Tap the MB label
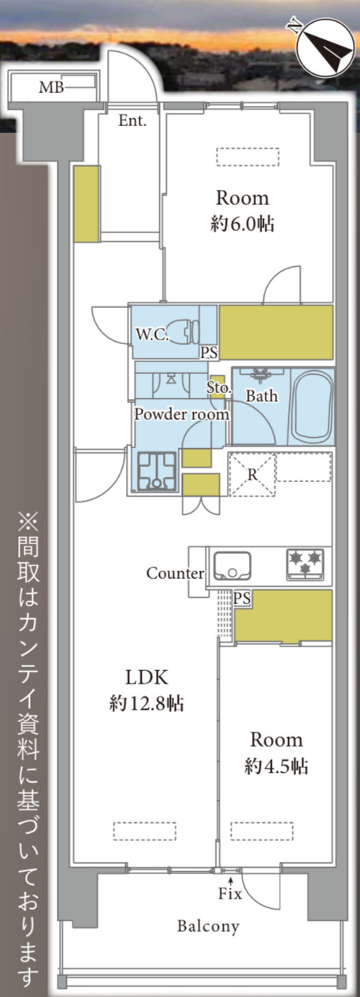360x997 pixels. pyautogui.click(x=50, y=87)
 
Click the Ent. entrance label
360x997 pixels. pyautogui.click(x=132, y=120)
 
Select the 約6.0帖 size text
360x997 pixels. pyautogui.click(x=243, y=224)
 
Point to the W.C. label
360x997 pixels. pyautogui.click(x=150, y=334)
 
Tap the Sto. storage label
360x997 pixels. pyautogui.click(x=218, y=387)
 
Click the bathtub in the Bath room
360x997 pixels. pyautogui.click(x=311, y=409)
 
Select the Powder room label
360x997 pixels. pyautogui.click(x=181, y=413)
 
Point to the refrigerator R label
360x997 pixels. pyautogui.click(x=252, y=475)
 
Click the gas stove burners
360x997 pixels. pyautogui.click(x=305, y=564)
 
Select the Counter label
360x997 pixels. pyautogui.click(x=175, y=573)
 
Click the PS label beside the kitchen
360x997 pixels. pyautogui.click(x=243, y=599)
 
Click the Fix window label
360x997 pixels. pyautogui.click(x=230, y=894)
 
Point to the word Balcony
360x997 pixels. pyautogui.click(x=208, y=926)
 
